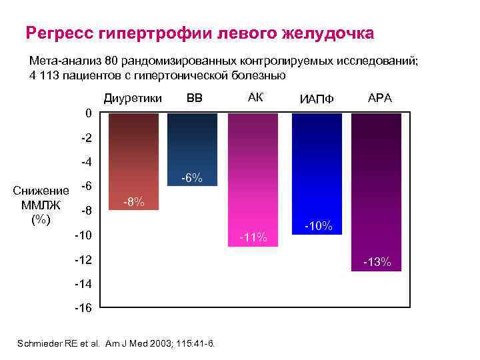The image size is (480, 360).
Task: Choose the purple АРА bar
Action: point(376,187)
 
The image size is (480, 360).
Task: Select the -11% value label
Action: point(255,237)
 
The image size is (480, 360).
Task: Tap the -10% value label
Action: point(318,225)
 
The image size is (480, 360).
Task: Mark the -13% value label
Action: point(377,262)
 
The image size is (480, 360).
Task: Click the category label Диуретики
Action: point(133,99)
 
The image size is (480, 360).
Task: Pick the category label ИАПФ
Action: point(317,100)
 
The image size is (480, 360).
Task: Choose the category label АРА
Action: point(380,98)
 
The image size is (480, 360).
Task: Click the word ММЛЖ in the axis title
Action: point(41,205)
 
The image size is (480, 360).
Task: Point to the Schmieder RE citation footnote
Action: point(119,343)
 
